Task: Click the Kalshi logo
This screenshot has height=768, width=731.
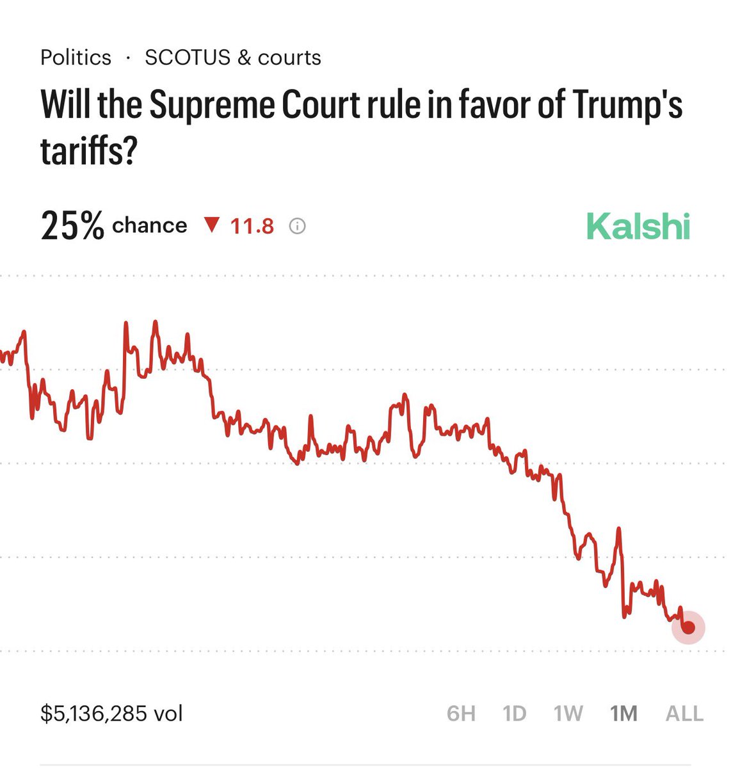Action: pyautogui.click(x=638, y=227)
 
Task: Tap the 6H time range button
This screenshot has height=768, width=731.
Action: pyautogui.click(x=461, y=713)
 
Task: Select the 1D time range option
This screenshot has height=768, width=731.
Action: pyautogui.click(x=514, y=713)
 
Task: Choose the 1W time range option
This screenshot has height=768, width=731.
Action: pyautogui.click(x=568, y=713)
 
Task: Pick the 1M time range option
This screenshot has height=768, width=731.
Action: pyautogui.click(x=623, y=713)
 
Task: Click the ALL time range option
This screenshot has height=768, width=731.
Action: pyautogui.click(x=684, y=713)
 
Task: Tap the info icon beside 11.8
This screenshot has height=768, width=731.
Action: pyautogui.click(x=297, y=227)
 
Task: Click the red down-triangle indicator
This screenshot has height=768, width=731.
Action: pyautogui.click(x=211, y=225)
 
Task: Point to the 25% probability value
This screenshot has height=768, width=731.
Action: pyautogui.click(x=72, y=227)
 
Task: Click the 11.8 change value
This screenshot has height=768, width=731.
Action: pyautogui.click(x=252, y=227)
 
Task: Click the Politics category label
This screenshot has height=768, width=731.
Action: pyautogui.click(x=76, y=58)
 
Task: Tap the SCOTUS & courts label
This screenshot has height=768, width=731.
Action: pyautogui.click(x=233, y=58)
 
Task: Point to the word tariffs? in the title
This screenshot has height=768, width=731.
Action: pyautogui.click(x=89, y=152)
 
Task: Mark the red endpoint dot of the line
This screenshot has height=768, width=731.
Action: pyautogui.click(x=688, y=627)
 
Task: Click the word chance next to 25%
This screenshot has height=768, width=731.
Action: pyautogui.click(x=149, y=226)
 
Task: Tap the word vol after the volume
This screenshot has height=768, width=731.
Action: pyautogui.click(x=168, y=713)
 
